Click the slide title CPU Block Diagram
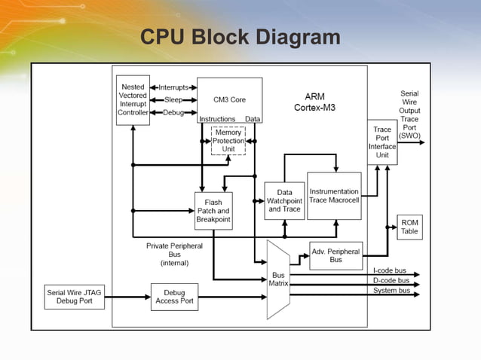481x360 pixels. (240, 37)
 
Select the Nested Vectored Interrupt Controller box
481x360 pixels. (133, 99)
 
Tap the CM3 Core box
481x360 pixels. (229, 99)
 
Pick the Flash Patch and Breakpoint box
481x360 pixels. (213, 211)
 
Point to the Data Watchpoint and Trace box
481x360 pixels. (285, 201)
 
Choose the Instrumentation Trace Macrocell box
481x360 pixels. (334, 196)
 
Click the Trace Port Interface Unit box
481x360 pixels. (382, 142)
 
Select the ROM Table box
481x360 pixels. (409, 227)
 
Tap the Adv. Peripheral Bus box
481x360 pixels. (335, 255)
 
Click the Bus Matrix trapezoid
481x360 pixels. (278, 279)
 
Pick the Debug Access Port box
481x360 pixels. (174, 297)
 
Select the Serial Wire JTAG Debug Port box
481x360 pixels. (75, 297)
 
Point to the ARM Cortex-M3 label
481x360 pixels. (314, 102)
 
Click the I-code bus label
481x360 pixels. (389, 270)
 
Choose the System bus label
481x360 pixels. (391, 290)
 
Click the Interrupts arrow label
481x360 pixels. (173, 87)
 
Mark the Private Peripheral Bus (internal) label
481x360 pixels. (174, 255)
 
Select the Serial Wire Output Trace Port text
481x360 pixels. (409, 114)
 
